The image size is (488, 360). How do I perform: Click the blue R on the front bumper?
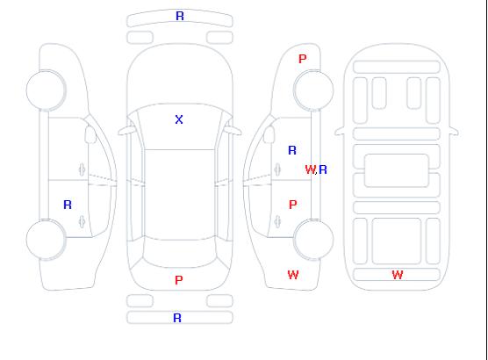tap(180, 16)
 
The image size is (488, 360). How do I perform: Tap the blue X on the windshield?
tap(179, 119)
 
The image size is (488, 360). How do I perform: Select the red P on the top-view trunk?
tap(179, 280)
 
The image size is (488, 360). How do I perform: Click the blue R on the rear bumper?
tap(177, 318)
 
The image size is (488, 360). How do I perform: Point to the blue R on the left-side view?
tap(68, 205)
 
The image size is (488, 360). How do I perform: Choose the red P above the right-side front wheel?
tap(303, 59)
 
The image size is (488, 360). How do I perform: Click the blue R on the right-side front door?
tap(292, 150)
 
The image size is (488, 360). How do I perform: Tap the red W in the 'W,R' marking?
tap(310, 169)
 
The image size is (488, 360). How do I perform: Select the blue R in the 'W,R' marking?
tap(323, 169)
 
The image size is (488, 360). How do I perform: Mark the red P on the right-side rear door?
tap(293, 205)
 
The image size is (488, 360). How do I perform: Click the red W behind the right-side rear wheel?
tap(293, 275)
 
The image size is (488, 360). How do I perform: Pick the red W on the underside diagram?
tap(398, 275)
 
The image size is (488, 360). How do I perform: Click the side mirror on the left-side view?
tap(90, 134)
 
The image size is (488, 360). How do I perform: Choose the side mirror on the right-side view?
tap(269, 134)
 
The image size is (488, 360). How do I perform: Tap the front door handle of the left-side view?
tap(82, 169)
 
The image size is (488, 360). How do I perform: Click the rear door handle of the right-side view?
tap(277, 221)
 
